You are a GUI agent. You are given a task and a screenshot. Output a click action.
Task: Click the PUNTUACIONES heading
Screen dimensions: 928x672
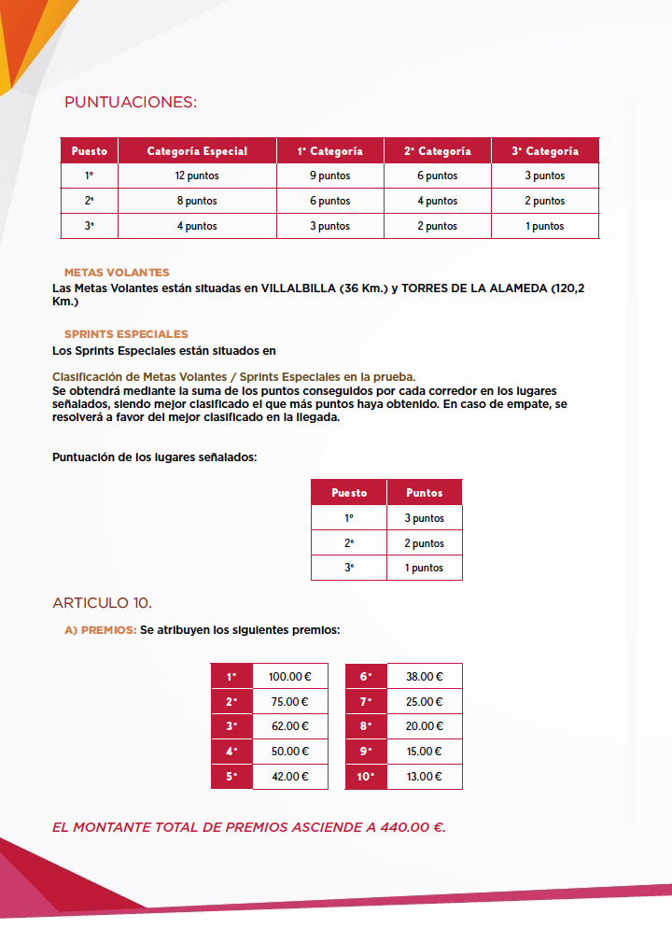(131, 102)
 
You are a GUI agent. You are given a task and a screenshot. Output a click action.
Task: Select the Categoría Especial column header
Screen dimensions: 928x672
(197, 151)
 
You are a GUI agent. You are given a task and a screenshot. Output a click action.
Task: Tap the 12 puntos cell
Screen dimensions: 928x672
(196, 176)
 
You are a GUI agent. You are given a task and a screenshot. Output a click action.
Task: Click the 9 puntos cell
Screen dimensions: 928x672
(329, 176)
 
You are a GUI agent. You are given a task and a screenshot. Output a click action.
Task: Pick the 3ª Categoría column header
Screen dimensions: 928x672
(545, 151)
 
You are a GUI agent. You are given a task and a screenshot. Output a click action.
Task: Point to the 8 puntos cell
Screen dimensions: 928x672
(196, 201)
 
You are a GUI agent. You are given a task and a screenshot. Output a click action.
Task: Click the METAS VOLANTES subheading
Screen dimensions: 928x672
(117, 273)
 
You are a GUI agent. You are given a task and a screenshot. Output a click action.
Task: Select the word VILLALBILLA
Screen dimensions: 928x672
(298, 288)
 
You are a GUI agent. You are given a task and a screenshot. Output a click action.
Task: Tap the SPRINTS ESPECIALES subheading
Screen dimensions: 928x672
(126, 333)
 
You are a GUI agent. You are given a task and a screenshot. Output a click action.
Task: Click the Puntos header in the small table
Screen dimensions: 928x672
(425, 492)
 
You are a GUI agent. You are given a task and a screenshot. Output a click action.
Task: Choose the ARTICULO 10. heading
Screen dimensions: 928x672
(103, 601)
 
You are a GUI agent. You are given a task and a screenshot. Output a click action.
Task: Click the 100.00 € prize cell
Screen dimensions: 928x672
(289, 677)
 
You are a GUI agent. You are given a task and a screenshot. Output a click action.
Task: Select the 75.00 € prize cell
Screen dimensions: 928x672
(289, 702)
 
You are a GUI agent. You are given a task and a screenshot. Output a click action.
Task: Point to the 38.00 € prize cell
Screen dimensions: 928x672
(425, 677)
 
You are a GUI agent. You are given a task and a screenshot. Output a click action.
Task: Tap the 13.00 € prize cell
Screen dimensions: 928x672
(425, 777)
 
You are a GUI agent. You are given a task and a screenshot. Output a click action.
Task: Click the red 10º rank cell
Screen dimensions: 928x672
(365, 777)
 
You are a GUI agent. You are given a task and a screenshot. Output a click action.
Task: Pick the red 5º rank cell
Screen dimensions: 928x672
(231, 777)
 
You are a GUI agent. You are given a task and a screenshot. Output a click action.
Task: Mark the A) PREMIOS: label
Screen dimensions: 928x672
(100, 630)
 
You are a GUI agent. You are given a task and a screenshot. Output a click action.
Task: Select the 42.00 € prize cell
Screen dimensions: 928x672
(289, 777)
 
